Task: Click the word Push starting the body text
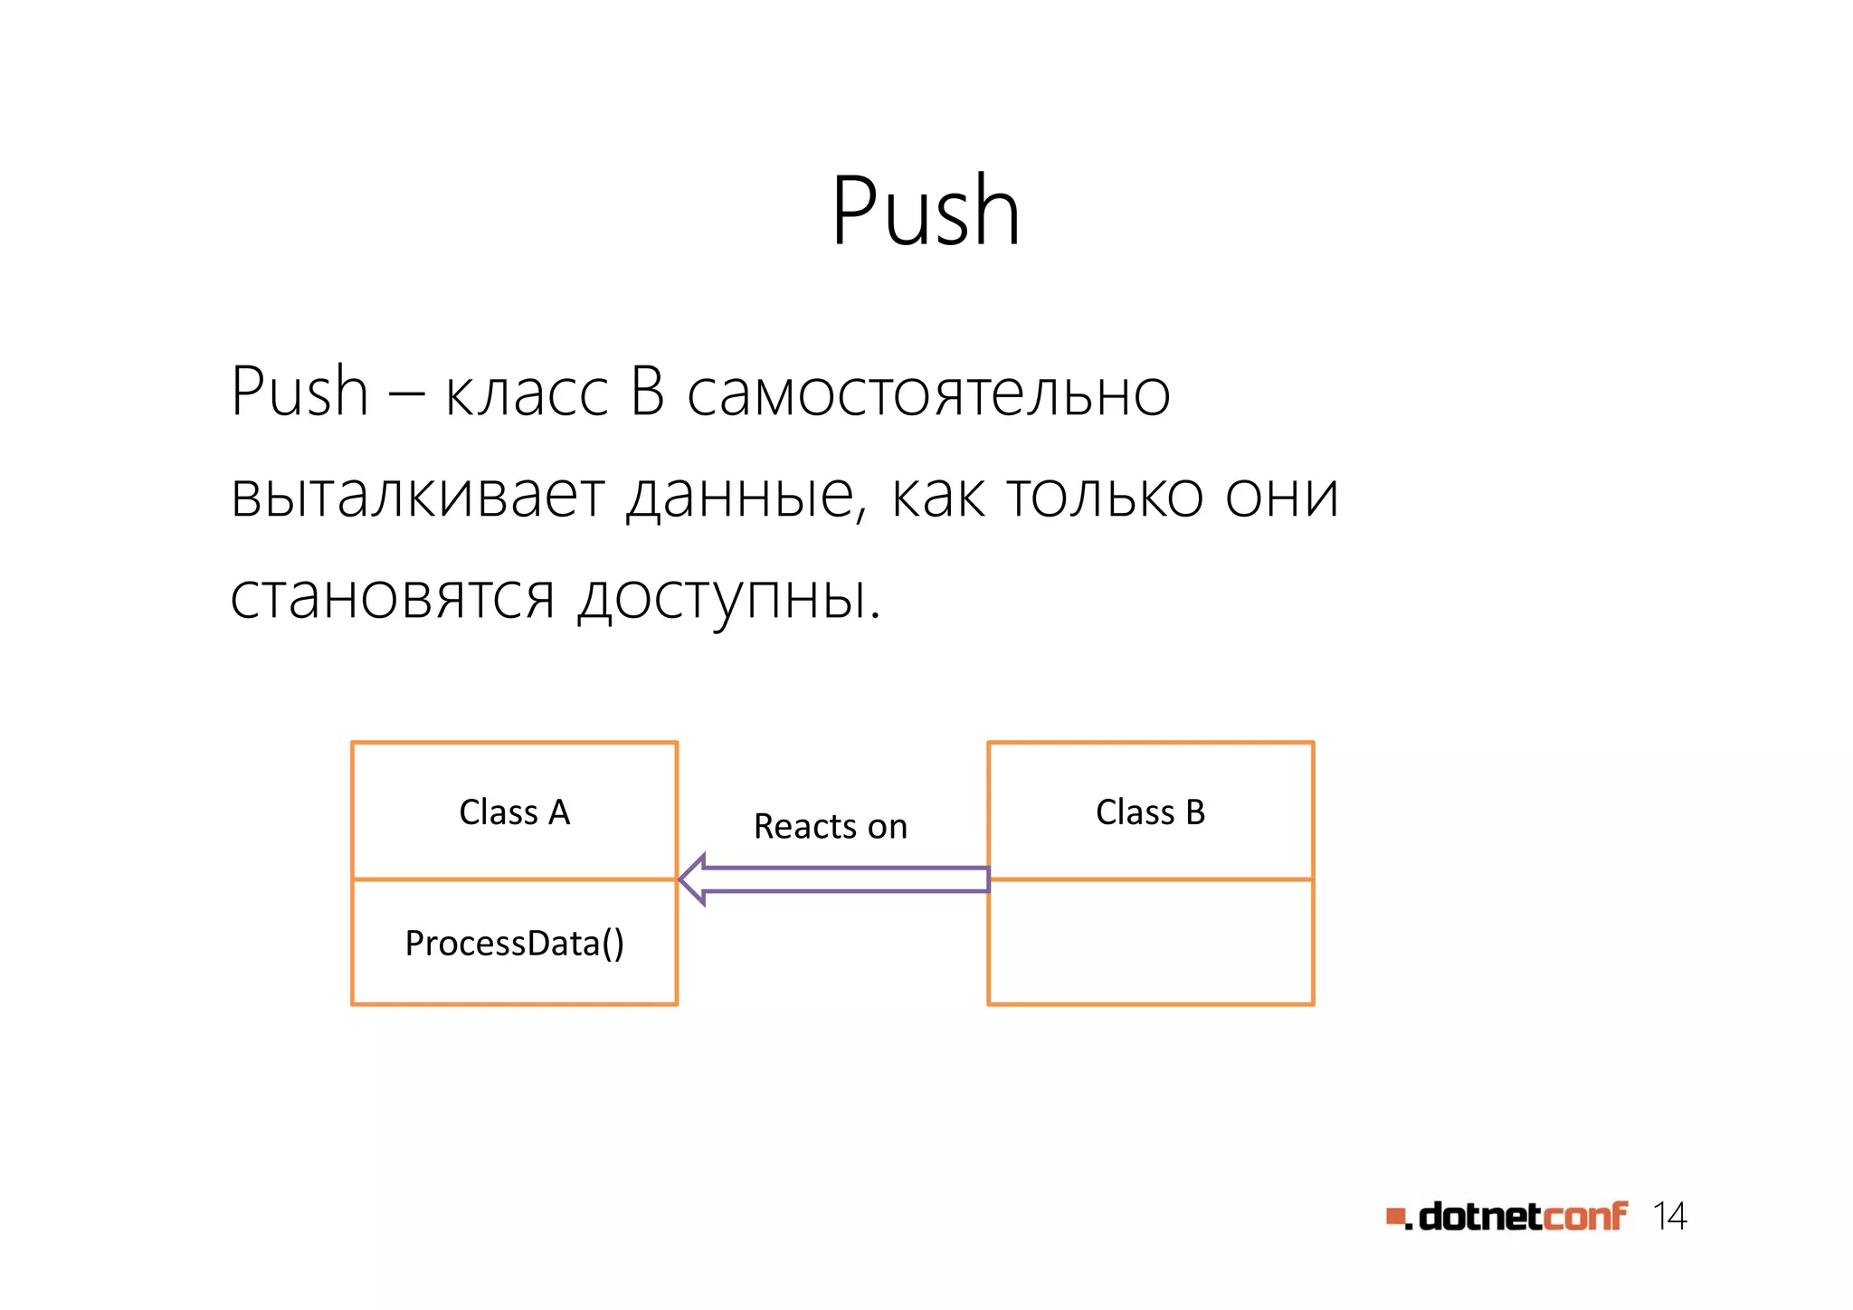pyautogui.click(x=299, y=392)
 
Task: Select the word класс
pyautogui.click(x=527, y=395)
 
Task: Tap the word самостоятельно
pyautogui.click(x=928, y=395)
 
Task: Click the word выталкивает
pyautogui.click(x=416, y=497)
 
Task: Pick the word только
pyautogui.click(x=1104, y=497)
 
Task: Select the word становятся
pyautogui.click(x=392, y=598)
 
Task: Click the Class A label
pyautogui.click(x=514, y=812)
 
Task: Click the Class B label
pyautogui.click(x=1150, y=812)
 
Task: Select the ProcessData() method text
pyautogui.click(x=514, y=944)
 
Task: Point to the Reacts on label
pyautogui.click(x=830, y=826)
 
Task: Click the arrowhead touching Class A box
pyautogui.click(x=692, y=879)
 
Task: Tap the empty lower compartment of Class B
pyautogui.click(x=1150, y=942)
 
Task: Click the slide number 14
pyautogui.click(x=1669, y=1217)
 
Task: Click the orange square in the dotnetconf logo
pyautogui.click(x=1395, y=1217)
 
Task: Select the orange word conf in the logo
pyautogui.click(x=1584, y=1217)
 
